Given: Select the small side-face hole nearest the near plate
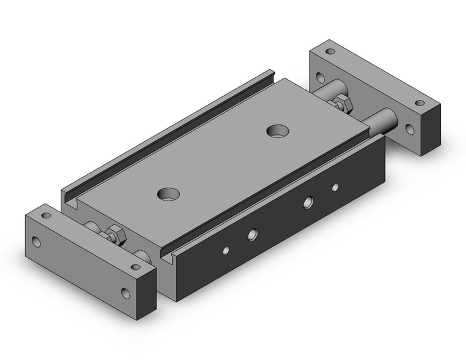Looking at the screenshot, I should (226, 250).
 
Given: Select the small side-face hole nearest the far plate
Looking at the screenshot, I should (335, 186).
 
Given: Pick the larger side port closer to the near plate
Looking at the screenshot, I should (251, 234).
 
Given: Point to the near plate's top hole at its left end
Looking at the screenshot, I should (45, 216).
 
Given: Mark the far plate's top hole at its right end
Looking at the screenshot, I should (420, 103).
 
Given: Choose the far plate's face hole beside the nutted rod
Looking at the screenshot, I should (319, 77).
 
